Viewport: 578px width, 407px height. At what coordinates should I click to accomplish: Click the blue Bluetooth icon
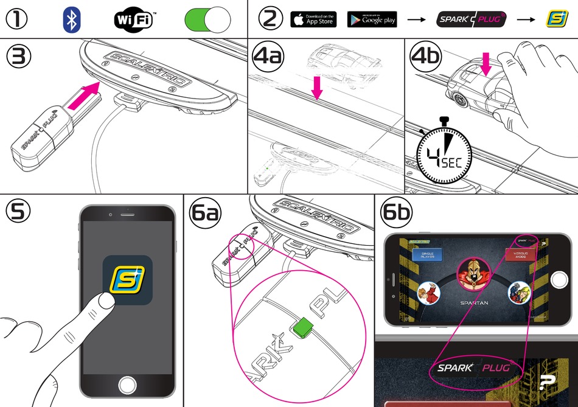[72, 20]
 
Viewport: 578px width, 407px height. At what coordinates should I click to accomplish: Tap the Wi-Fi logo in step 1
[134, 20]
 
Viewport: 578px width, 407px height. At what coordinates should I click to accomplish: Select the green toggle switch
[208, 20]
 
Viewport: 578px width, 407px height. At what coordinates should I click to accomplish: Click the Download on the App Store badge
[313, 19]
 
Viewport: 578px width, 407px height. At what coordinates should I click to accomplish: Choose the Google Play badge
[372, 19]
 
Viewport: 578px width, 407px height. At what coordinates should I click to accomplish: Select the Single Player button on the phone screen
[426, 255]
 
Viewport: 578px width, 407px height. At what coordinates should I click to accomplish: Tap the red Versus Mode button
[519, 255]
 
